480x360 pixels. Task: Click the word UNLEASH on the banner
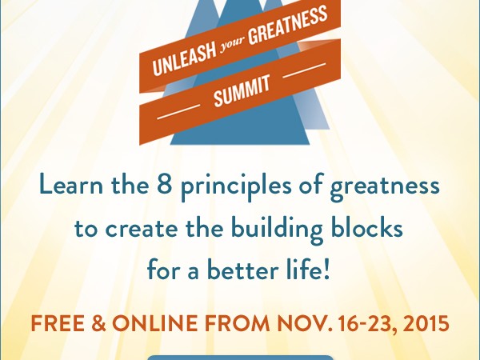click(184, 60)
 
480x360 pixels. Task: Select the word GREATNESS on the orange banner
click(288, 25)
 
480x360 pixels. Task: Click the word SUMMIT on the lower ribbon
click(242, 91)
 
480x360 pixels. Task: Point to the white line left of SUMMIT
click(178, 112)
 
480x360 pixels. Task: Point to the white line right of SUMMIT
click(304, 70)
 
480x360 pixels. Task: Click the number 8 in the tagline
click(164, 185)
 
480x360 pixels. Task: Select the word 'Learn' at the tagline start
click(71, 185)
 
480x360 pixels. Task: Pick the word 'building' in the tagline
click(277, 230)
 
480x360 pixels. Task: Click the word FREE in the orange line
click(58, 323)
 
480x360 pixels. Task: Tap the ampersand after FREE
click(98, 323)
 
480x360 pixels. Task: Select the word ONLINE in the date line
click(155, 323)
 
